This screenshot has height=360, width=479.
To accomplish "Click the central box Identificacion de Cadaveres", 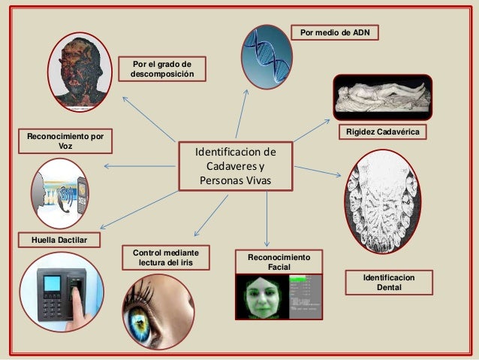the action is (x=235, y=166).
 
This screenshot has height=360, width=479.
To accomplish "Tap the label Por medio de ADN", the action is (x=334, y=32).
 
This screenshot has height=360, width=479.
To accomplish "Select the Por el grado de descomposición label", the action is (x=161, y=69).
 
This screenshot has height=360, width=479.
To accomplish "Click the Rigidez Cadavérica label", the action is (x=384, y=133).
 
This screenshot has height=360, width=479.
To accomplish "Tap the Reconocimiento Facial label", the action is (x=279, y=262).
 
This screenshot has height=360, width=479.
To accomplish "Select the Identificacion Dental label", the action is (x=388, y=283).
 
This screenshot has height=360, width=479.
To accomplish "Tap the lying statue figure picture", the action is (x=382, y=98).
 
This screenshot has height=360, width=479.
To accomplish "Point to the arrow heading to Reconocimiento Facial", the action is (x=268, y=218).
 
